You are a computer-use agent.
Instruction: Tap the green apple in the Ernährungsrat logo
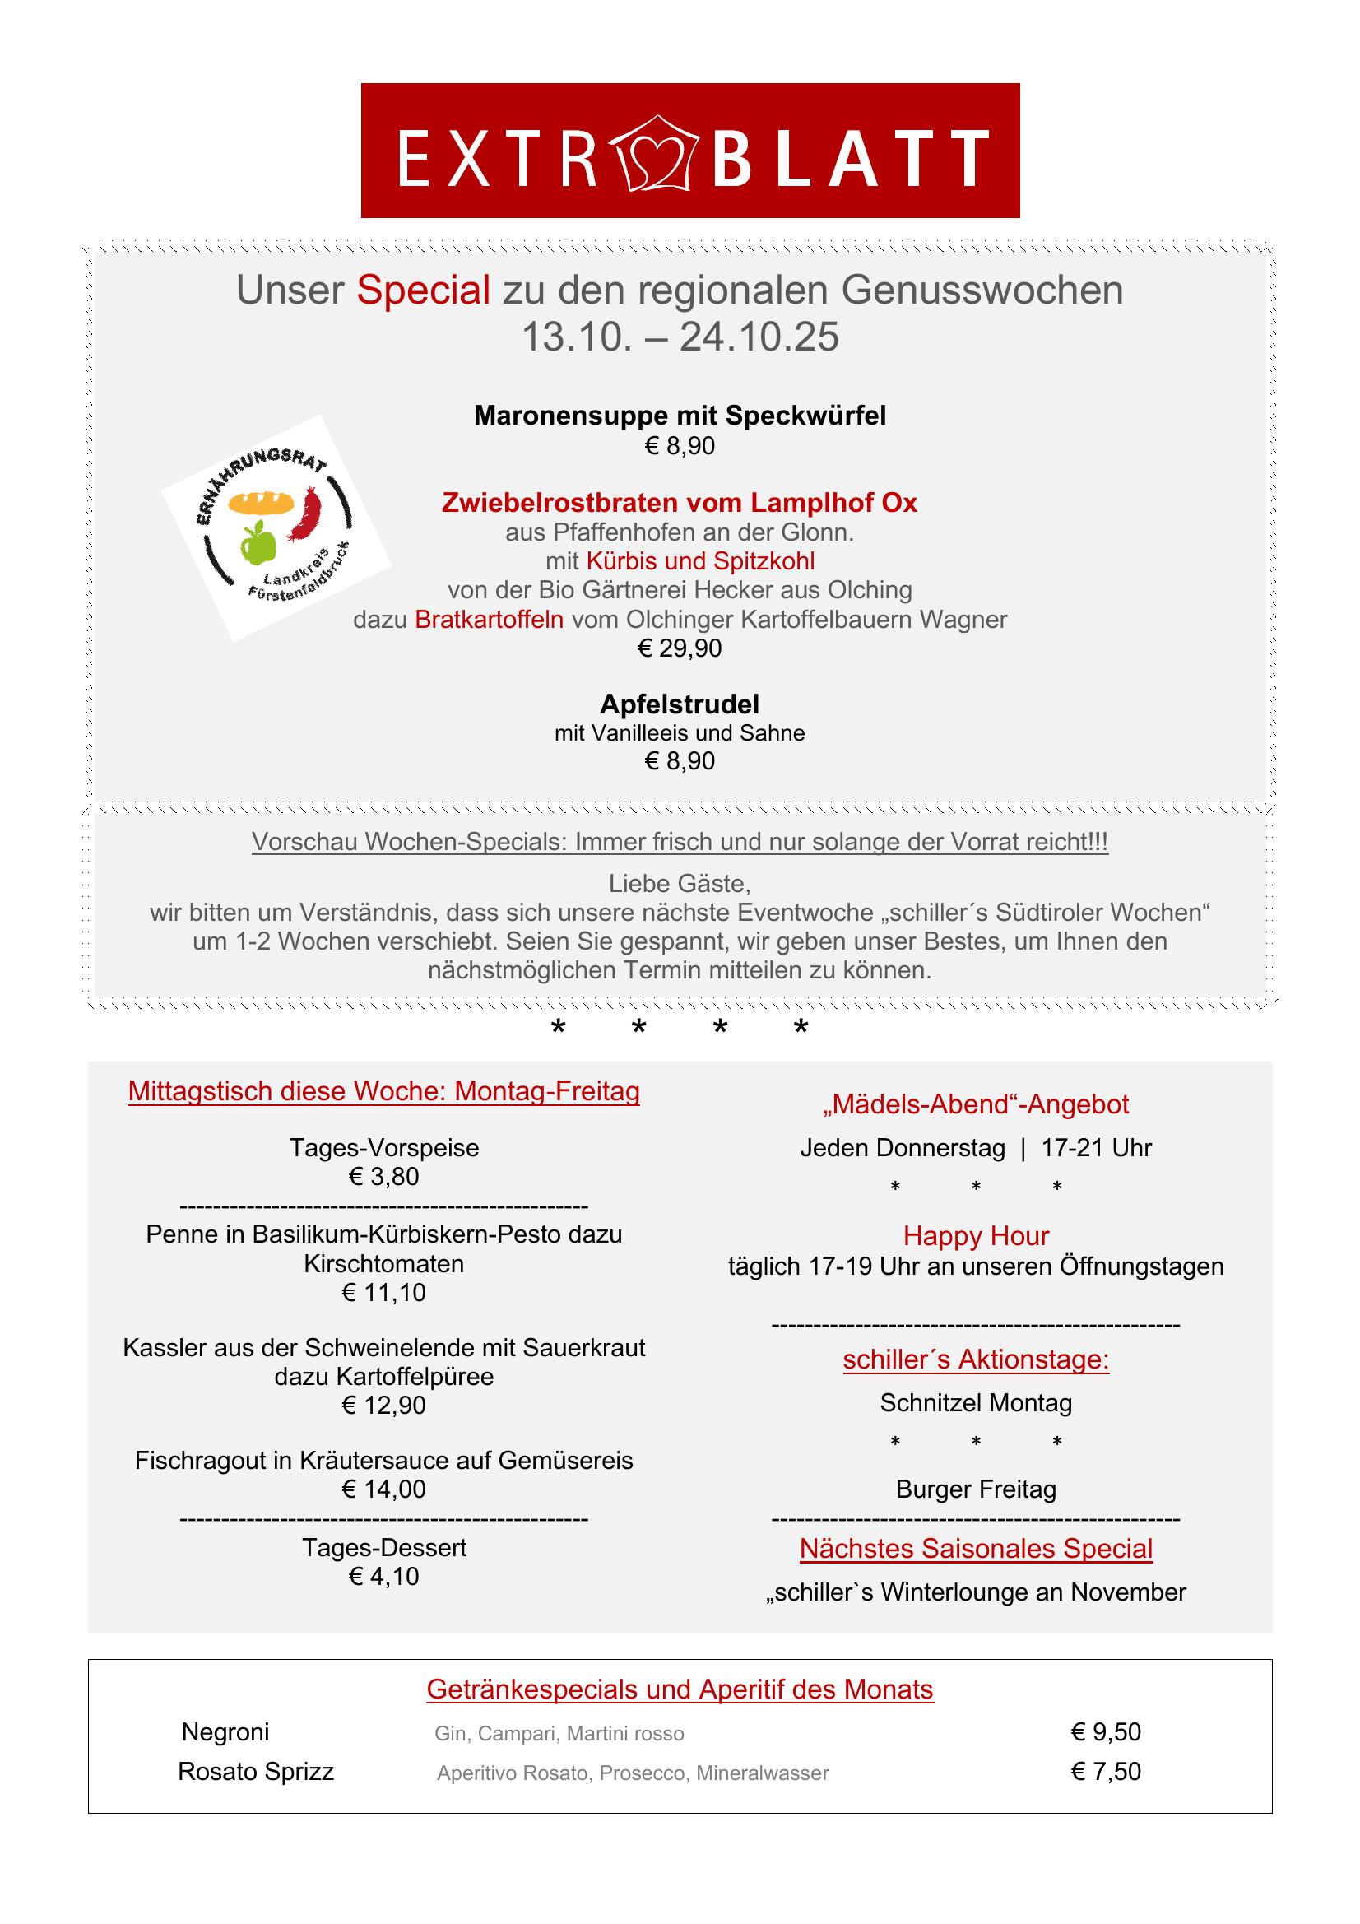point(258,543)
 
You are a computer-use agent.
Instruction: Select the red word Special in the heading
point(423,290)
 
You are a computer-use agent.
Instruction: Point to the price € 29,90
point(680,648)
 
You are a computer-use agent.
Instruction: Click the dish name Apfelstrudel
point(680,704)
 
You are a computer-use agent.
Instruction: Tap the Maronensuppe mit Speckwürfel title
point(680,416)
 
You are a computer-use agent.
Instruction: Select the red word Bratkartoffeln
point(489,620)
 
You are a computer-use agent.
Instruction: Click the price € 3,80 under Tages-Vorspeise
point(383,1177)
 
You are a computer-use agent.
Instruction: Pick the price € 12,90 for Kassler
point(383,1406)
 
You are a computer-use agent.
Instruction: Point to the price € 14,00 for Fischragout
point(383,1489)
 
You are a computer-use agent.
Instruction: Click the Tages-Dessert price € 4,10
point(383,1576)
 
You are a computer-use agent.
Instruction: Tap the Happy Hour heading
point(977,1236)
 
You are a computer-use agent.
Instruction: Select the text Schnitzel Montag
point(977,1403)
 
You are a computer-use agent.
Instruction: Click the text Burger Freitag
point(977,1489)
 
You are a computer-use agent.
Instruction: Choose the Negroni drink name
point(225,1732)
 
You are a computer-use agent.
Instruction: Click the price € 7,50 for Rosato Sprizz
point(1106,1772)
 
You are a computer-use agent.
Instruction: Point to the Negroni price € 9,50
point(1106,1732)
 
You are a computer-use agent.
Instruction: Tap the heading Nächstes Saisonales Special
point(977,1549)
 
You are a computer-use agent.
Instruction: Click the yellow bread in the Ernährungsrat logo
point(261,503)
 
